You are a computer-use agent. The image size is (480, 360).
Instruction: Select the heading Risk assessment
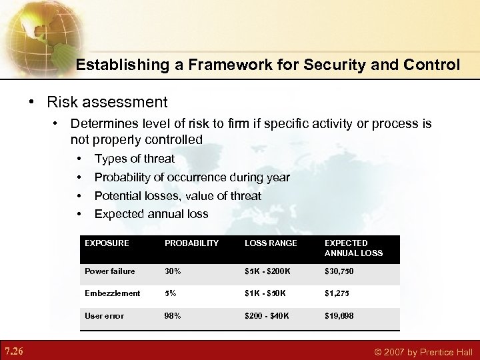107,102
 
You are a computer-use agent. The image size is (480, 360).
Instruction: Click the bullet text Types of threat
134,159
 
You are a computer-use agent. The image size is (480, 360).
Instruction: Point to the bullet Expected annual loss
151,214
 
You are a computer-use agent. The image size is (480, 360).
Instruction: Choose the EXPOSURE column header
107,243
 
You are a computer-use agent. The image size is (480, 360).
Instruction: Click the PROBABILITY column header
191,243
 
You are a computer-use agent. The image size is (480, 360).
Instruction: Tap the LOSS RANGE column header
271,243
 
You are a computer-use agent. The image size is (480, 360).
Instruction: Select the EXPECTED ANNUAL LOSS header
353,248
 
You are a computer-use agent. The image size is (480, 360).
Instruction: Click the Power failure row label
109,271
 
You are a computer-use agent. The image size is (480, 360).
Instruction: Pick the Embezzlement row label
112,293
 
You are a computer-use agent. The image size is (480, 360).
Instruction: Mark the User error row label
104,316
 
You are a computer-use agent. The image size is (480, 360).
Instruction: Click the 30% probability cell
173,271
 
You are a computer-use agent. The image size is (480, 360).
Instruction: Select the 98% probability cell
173,316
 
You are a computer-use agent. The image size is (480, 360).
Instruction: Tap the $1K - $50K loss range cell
265,293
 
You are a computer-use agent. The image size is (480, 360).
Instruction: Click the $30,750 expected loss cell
339,271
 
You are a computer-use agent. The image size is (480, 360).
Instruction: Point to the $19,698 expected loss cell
339,316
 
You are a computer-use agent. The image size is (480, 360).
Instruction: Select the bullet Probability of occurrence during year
192,177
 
